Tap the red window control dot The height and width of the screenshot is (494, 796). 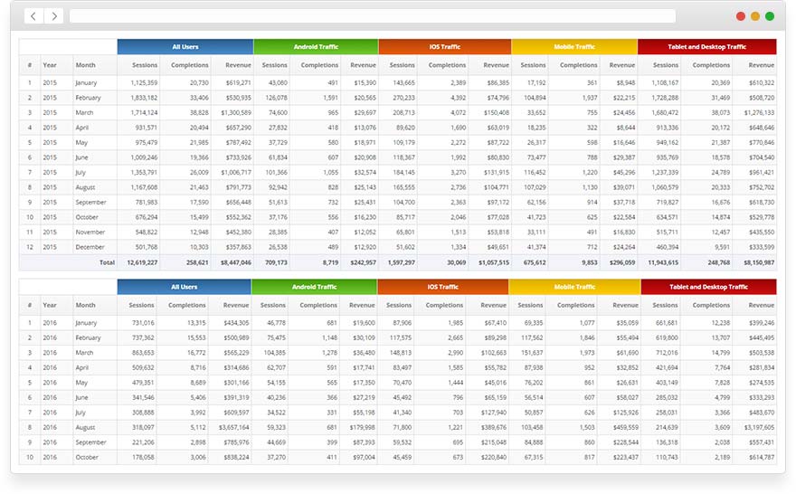click(741, 16)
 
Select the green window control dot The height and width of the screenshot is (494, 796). click(770, 16)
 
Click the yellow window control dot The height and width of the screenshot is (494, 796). click(755, 16)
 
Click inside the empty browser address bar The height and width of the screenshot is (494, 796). click(372, 16)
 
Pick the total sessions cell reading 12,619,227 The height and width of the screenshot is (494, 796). click(138, 262)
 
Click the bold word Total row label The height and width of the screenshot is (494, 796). click(107, 262)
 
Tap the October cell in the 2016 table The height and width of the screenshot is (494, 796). click(88, 458)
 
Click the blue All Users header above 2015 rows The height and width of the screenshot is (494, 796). click(185, 47)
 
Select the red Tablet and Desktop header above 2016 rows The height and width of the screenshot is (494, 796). click(708, 287)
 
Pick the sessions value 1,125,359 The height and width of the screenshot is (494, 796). click(138, 82)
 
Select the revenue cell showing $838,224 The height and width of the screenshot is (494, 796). click(232, 458)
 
